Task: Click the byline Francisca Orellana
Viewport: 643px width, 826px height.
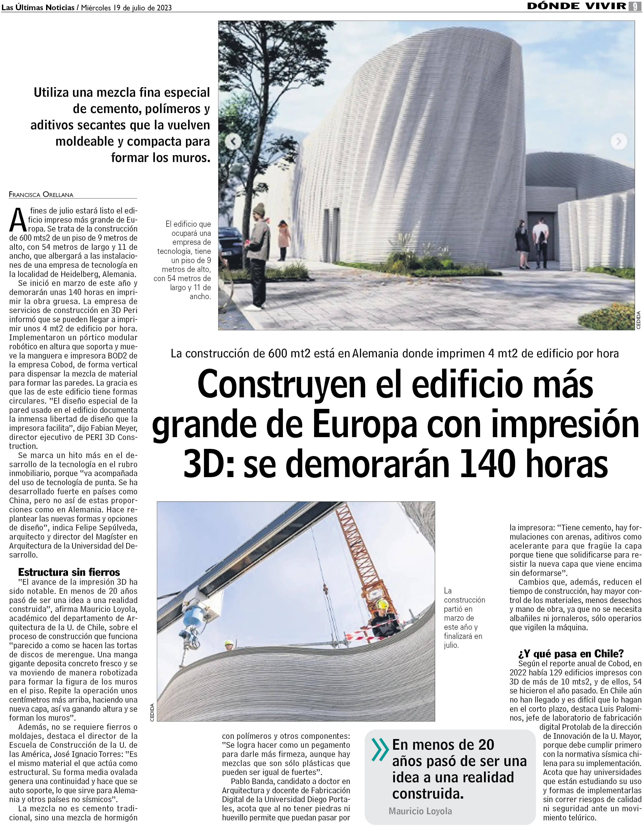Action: [x=41, y=195]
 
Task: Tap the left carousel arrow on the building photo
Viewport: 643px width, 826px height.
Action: [x=233, y=142]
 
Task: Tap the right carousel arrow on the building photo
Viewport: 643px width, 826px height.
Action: [x=618, y=142]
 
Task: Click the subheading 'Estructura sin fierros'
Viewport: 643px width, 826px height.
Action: [x=69, y=572]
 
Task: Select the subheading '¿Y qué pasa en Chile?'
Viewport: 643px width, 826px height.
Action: [x=571, y=654]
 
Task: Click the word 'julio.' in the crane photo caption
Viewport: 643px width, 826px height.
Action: [x=451, y=645]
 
